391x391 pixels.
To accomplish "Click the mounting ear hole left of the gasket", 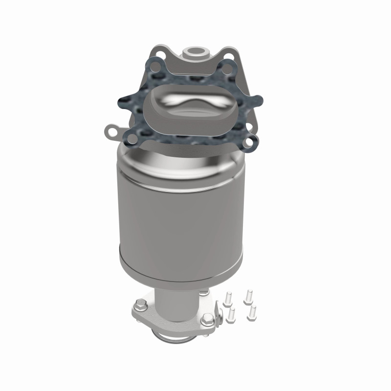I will click(112, 130).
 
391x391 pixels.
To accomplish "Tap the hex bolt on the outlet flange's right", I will click(207, 321).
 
